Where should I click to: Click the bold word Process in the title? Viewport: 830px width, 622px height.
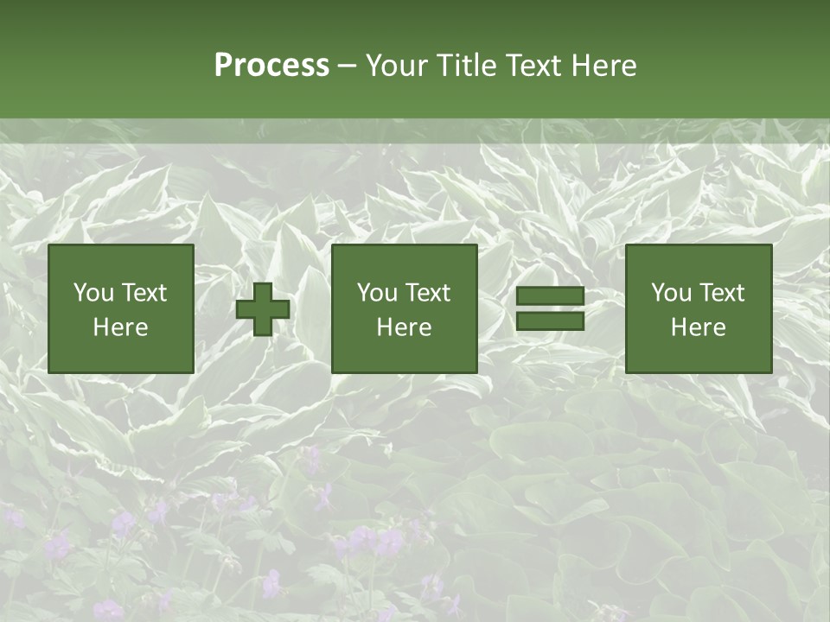point(271,66)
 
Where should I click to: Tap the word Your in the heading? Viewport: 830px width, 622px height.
point(396,66)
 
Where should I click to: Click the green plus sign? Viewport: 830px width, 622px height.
point(263,309)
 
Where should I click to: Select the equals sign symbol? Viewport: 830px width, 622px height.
point(550,309)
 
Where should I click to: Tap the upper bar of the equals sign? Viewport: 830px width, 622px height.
point(550,297)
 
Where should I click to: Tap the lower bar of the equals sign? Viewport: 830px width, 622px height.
point(550,321)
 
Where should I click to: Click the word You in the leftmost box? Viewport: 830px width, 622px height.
point(93,293)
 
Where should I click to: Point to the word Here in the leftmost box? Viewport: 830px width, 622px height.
point(121,327)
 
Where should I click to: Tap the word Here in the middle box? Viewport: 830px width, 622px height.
point(405,327)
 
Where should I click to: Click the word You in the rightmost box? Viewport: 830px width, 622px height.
point(671,293)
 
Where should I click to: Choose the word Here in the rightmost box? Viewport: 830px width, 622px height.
point(699,327)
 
